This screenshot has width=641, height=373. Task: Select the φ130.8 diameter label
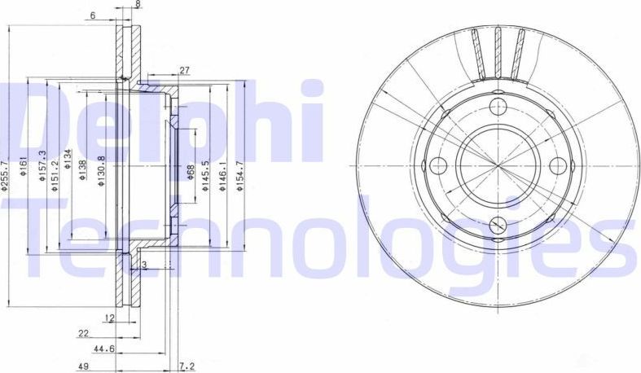coord(101,171)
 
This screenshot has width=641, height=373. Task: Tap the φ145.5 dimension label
coord(208,172)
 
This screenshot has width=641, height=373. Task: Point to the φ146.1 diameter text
coord(224,172)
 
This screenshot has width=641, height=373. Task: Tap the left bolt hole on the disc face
coord(439,165)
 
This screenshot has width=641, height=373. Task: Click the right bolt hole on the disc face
coord(558,165)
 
